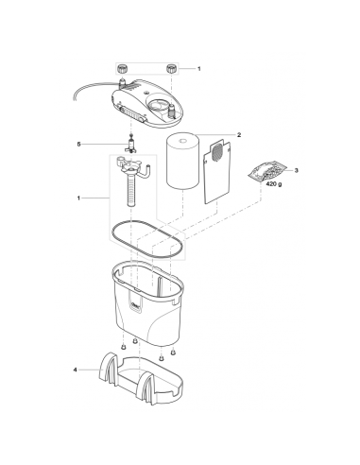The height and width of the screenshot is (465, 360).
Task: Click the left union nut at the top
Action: tap(123, 69)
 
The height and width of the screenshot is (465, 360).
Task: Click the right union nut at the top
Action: tap(172, 69)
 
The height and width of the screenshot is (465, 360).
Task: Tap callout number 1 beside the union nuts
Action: tap(199, 69)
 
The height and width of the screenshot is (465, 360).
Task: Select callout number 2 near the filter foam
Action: tap(239, 136)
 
